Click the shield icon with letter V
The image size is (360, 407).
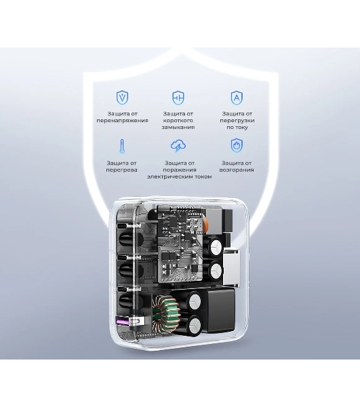coord(122,98)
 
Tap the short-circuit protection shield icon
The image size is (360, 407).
coord(178,98)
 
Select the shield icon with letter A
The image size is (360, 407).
coord(237,98)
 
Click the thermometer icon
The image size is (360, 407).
coord(122,147)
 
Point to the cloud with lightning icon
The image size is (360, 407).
coord(178,146)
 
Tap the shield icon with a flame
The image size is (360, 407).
coord(237,146)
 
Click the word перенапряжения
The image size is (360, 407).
coord(122,121)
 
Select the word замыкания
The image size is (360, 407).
coord(178,128)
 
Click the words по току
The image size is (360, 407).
coord(237,128)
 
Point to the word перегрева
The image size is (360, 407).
coord(121,170)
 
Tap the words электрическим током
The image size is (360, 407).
coord(179,177)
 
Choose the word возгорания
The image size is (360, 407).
coord(237,170)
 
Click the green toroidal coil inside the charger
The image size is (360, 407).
coord(165,314)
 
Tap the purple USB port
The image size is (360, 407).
coord(123,322)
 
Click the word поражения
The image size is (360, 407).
coord(179,170)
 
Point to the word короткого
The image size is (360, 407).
coord(178,121)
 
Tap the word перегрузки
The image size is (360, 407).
coord(237,121)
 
